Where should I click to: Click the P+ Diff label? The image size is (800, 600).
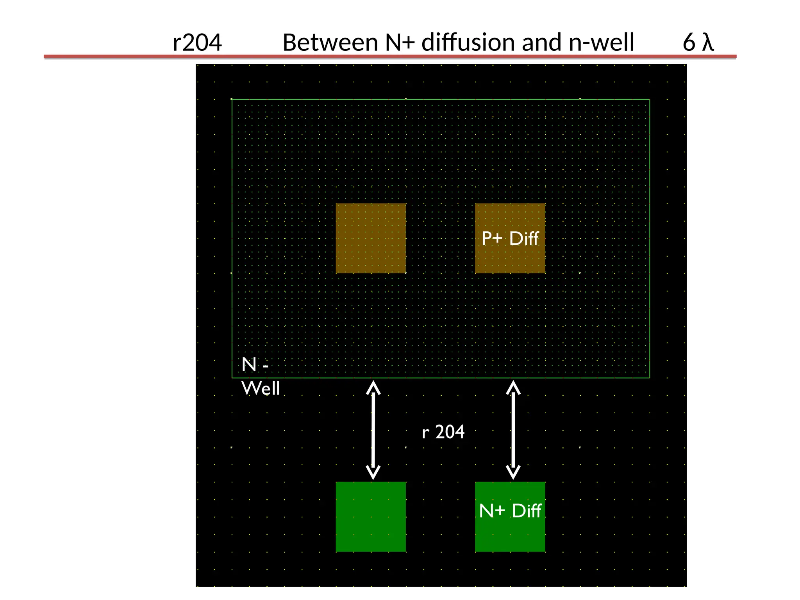pos(510,238)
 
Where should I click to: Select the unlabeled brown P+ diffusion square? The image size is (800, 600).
pos(371,238)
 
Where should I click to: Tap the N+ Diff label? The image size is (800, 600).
pos(510,511)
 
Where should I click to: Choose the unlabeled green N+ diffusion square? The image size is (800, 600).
pos(371,516)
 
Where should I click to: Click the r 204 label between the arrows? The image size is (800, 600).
pos(443,432)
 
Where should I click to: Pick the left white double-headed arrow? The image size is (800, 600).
pos(373,430)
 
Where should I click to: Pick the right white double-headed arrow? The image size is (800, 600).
pos(513,430)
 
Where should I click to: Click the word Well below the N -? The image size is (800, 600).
pos(261,388)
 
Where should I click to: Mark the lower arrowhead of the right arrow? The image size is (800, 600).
pos(513,473)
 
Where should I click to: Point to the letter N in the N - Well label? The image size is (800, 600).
pos(249,364)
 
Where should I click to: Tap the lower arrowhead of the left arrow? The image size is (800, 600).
pos(373,473)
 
